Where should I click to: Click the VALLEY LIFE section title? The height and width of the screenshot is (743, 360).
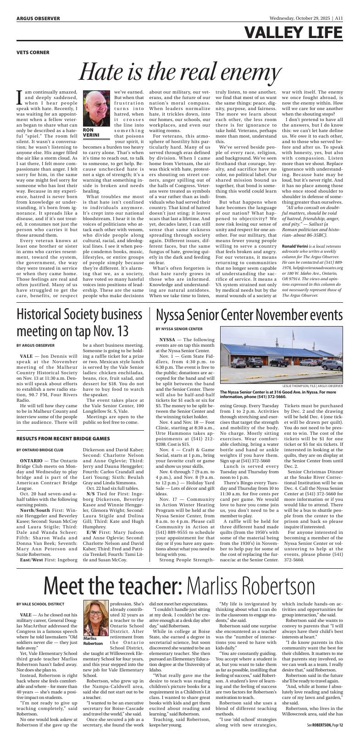[293, 33]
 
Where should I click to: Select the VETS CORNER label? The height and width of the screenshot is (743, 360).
[33, 52]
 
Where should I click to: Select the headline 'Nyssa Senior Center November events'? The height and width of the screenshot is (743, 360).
[249, 315]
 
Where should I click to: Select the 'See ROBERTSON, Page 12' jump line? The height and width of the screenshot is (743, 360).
[325, 737]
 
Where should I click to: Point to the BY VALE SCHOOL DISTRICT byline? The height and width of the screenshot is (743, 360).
[40, 604]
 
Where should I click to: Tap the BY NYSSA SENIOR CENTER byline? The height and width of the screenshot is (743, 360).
[179, 329]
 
